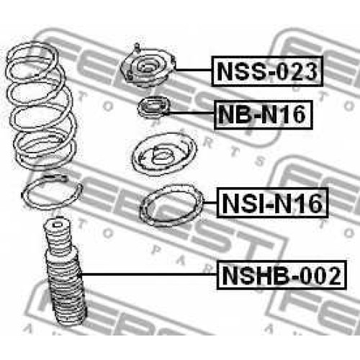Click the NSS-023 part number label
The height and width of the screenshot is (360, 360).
tap(267, 71)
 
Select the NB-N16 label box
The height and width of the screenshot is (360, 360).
tap(264, 114)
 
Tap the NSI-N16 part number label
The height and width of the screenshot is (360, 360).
tap(272, 203)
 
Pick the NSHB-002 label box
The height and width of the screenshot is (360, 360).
tap(282, 275)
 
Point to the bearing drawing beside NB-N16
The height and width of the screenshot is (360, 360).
tap(153, 107)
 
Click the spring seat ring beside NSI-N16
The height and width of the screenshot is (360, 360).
tap(171, 206)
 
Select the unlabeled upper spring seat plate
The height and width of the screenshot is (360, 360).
tap(164, 154)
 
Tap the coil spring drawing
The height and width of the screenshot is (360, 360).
tap(41, 106)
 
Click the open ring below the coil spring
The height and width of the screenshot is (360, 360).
tap(52, 192)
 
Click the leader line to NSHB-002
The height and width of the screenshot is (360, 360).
tap(149, 274)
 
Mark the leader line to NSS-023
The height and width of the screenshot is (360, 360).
tap(194, 70)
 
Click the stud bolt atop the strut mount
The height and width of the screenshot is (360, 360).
tap(136, 48)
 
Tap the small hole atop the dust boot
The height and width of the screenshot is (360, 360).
tap(57, 225)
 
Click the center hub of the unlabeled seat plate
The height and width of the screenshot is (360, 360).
tap(161, 156)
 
